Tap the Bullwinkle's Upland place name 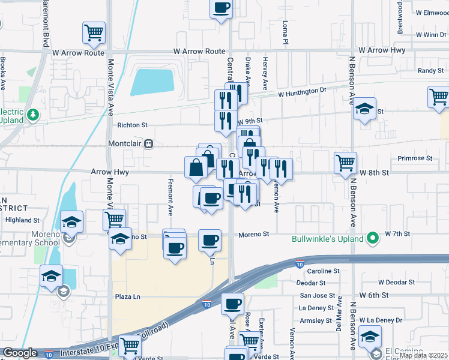point(328,239)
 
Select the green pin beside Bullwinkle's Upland point(373,239)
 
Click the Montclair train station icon point(148,144)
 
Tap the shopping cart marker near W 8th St point(345,163)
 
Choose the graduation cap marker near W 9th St point(364,109)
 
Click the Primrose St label point(415,158)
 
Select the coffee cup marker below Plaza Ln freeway point(232,304)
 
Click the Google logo point(20,353)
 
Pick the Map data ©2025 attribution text point(423,355)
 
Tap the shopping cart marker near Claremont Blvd point(94,33)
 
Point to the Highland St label point(22,220)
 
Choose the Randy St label point(430,71)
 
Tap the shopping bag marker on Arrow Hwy point(196,167)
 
